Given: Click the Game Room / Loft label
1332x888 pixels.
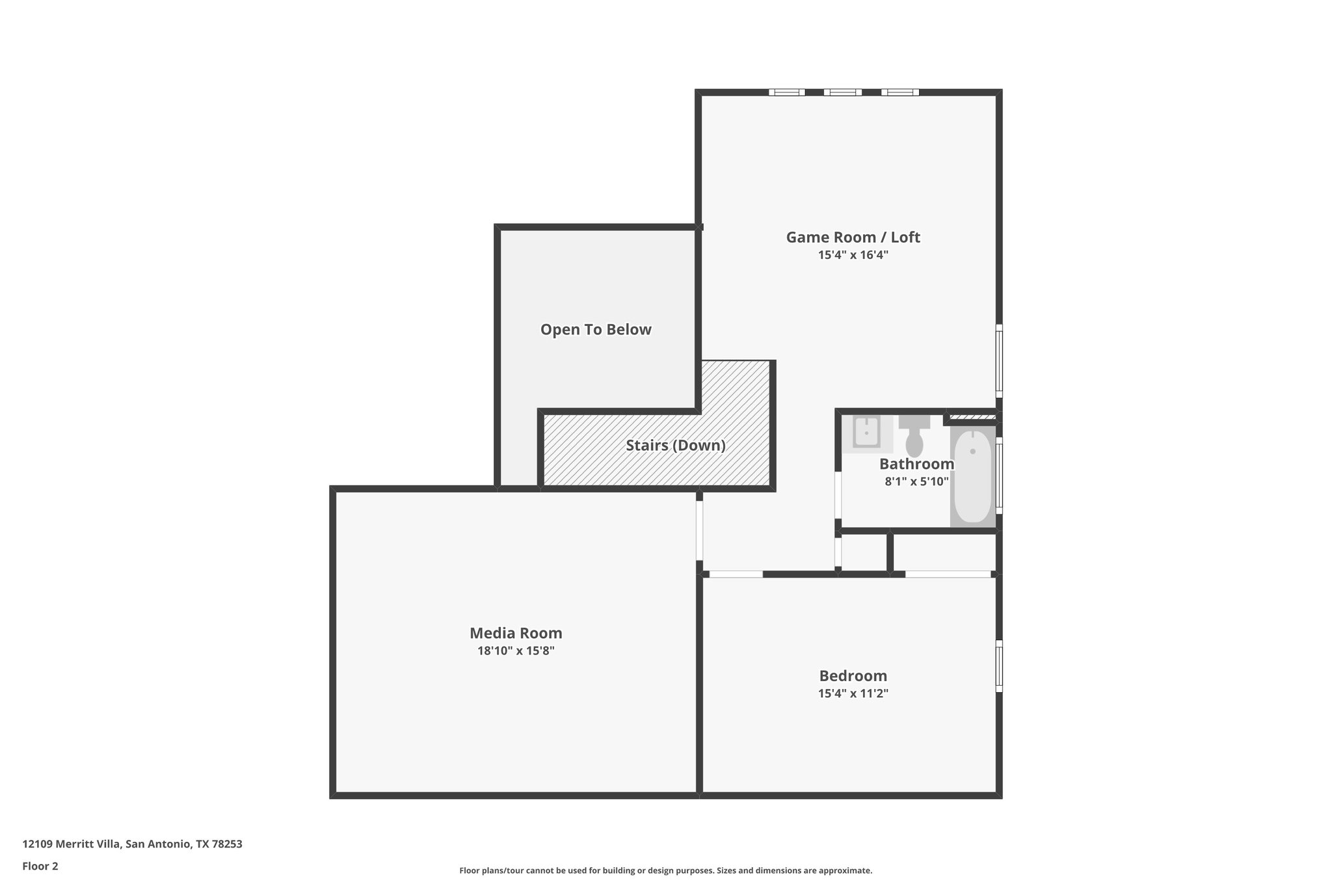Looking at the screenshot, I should pos(853,237).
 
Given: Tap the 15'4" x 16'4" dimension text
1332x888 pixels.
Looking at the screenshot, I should pos(853,256).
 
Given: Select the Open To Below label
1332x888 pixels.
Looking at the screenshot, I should pos(596,330).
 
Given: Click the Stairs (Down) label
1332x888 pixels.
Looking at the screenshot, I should pos(675,446).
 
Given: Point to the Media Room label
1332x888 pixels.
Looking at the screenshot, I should pos(516,633).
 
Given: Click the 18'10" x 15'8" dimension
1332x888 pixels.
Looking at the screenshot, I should pos(516,651).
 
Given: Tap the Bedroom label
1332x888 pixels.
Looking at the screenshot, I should pos(853,676).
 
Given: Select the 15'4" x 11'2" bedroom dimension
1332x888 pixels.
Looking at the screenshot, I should pos(853,693).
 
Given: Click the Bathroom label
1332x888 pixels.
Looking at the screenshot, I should pos(916,464).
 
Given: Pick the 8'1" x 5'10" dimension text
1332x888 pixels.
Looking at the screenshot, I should pos(916,482).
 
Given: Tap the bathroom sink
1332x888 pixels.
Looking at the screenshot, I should pos(866,432).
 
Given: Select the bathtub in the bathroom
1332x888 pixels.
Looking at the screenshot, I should pos(972,476).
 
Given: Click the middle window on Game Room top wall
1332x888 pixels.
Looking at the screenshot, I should pos(842,92).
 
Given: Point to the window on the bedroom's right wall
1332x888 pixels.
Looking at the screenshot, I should pos(999,666).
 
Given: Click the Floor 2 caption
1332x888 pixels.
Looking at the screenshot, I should pos(40,866).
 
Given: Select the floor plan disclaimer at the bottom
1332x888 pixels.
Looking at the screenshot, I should pos(665,870).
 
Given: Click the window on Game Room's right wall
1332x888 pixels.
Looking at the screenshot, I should pos(999,361).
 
